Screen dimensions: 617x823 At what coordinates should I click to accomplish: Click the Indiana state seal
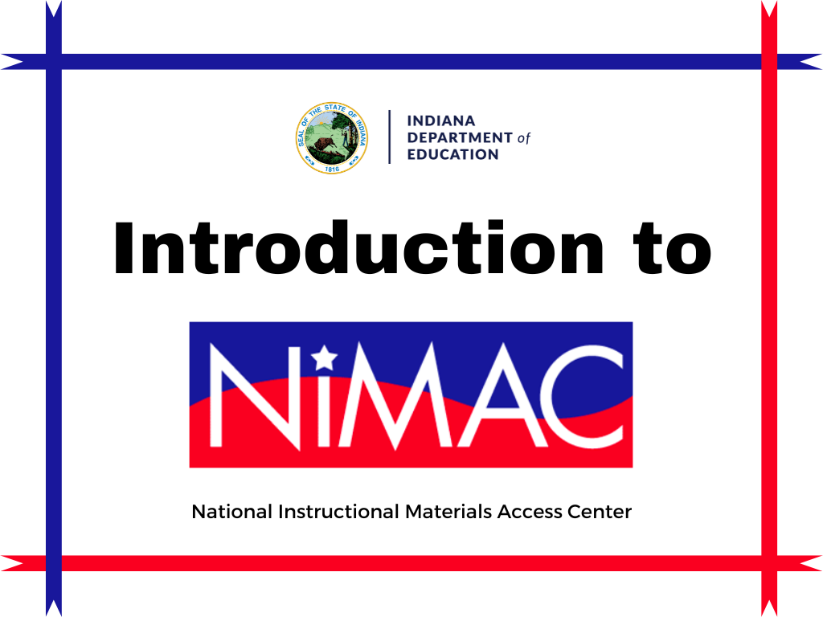coord(332,138)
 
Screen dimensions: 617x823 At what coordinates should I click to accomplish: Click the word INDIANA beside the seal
coord(441,121)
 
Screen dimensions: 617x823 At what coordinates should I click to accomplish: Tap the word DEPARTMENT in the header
coord(460,137)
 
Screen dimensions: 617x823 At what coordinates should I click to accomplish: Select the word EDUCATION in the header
coord(453,154)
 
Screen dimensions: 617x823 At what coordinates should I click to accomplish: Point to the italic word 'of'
coord(524,138)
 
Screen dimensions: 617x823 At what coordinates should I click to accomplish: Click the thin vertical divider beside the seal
coord(390,137)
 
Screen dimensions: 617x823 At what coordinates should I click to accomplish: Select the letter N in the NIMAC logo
coord(257,395)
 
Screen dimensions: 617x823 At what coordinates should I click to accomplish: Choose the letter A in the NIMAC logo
coord(493,395)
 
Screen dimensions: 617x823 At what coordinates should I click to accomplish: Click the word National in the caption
coord(231,512)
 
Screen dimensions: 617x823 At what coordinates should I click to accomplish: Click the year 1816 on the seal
coord(332,169)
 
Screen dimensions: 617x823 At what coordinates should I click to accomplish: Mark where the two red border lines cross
coord(769,562)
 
